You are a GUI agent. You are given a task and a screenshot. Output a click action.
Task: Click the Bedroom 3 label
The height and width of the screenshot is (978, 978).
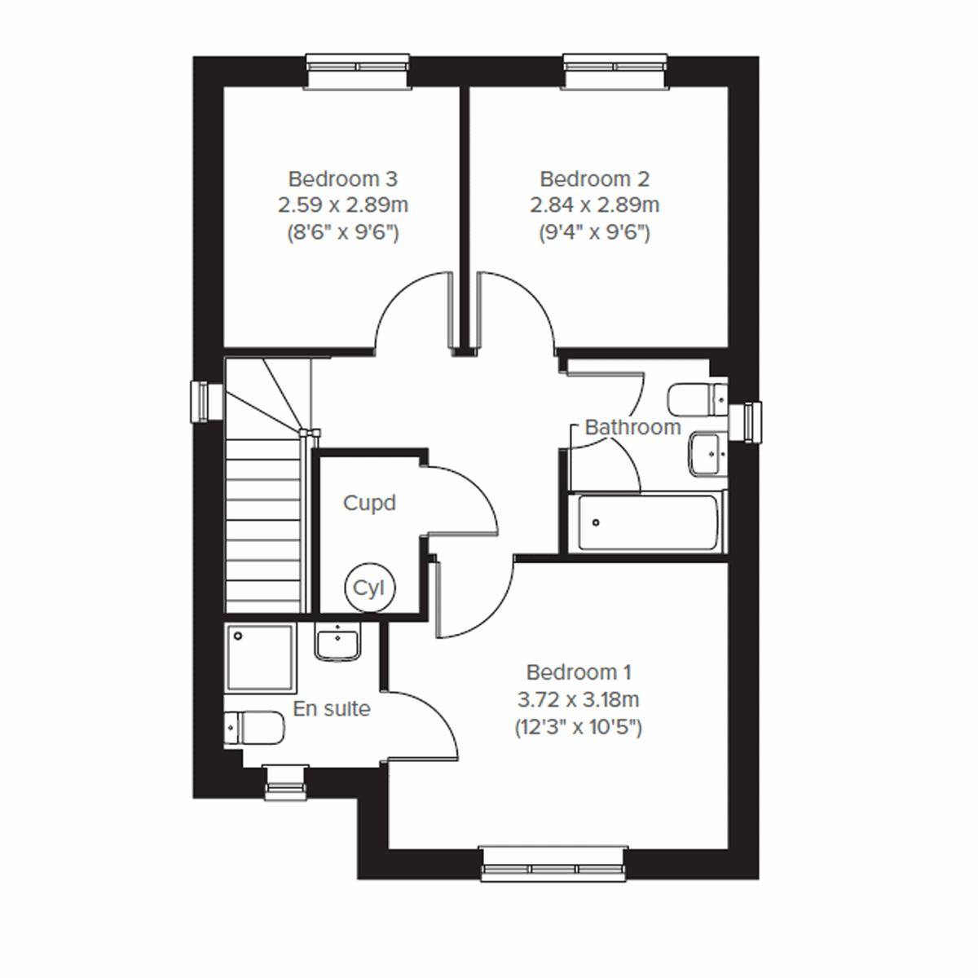coord(343,178)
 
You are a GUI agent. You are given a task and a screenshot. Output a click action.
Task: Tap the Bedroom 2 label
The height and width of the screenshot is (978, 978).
coord(595,178)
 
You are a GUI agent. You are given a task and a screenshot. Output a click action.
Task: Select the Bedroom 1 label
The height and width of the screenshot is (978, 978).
coord(579,672)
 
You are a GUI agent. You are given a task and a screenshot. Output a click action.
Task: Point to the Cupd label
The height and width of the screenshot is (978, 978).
coord(369,503)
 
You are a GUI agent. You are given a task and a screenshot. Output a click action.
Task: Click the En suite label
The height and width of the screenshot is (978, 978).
coord(332,709)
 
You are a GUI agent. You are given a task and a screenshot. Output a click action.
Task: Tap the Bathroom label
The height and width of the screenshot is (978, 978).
coord(632,427)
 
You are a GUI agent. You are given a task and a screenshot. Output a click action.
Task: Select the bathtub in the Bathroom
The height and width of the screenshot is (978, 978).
coord(650,522)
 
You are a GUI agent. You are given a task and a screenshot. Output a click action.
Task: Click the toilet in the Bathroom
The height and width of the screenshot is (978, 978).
coord(698,399)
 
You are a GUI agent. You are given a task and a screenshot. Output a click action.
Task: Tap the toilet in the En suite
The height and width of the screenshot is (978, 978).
coord(253,727)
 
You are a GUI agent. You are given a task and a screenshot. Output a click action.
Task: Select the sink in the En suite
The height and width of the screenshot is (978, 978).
coord(337,642)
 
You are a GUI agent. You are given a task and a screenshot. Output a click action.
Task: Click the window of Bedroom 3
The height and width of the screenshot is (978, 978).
coord(357,70)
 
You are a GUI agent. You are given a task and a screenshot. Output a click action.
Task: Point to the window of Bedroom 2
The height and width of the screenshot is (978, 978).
coord(615,70)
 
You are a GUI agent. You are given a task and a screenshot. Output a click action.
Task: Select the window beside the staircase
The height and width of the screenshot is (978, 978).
coord(207,402)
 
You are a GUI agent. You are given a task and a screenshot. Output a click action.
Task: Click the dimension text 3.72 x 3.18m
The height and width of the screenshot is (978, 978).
coord(578,699)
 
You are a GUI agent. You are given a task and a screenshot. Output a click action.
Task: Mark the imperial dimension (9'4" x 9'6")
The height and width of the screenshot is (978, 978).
coord(595,233)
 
